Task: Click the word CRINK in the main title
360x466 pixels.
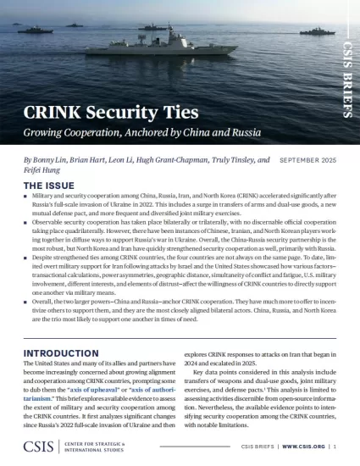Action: click(x=56, y=115)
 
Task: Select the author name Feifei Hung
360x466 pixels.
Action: click(x=43, y=170)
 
